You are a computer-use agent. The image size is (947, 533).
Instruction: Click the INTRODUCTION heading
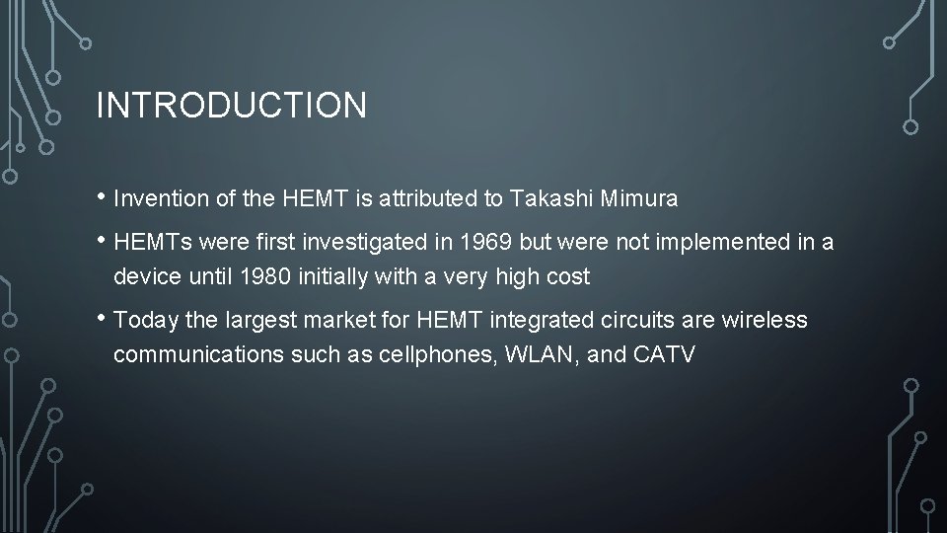click(231, 105)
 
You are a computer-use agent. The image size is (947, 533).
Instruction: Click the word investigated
click(366, 241)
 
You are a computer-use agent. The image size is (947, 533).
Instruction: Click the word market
click(319, 321)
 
